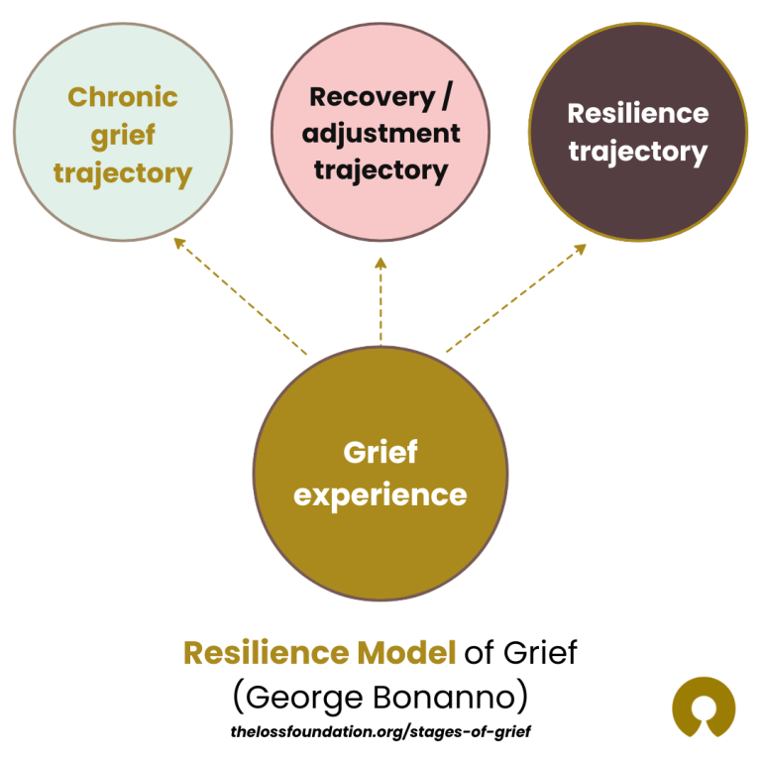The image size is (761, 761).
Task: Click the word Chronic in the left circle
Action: click(123, 97)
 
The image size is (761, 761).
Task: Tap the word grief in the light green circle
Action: click(123, 135)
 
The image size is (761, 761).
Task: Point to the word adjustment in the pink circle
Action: click(381, 133)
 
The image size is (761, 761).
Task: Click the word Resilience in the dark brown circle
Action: click(637, 113)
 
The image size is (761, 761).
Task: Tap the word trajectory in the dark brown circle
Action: click(637, 152)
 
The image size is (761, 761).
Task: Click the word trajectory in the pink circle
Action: click(381, 169)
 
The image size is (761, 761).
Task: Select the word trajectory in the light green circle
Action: click(123, 173)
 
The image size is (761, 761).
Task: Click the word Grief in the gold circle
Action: click(380, 453)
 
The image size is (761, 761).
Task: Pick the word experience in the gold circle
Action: click(380, 493)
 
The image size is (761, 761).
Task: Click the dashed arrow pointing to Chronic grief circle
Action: click(240, 296)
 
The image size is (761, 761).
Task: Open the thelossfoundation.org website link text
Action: click(380, 731)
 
